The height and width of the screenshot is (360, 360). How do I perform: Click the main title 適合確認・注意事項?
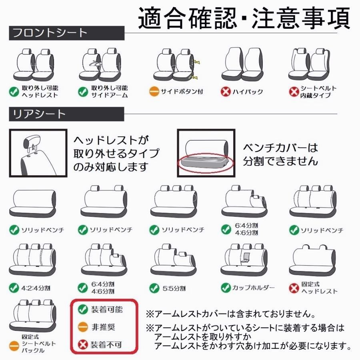tap(244, 18)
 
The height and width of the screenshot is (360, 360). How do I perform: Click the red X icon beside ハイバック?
tap(226, 92)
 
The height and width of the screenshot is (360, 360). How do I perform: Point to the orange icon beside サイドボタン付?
tap(154, 92)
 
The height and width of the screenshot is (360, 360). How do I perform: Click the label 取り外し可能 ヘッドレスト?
tap(40, 92)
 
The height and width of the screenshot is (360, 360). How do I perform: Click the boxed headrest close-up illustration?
tap(38, 153)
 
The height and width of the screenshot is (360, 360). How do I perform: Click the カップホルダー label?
tap(253, 288)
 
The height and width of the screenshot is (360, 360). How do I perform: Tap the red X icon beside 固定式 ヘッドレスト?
tap(294, 288)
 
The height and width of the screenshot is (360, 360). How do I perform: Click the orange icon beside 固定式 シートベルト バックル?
tap(14, 344)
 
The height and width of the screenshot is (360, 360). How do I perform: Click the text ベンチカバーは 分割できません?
tap(280, 154)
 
